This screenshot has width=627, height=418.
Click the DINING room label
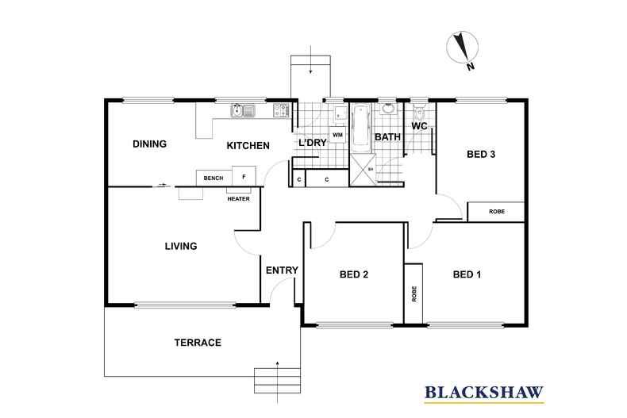(149, 144)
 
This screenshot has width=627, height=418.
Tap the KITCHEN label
(248, 146)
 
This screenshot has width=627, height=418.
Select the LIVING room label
(181, 246)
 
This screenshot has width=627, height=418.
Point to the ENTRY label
(282, 270)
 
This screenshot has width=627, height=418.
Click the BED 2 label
(354, 274)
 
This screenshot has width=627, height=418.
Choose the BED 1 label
(467, 274)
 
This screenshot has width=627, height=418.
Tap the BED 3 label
(481, 154)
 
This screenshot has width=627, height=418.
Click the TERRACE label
(198, 343)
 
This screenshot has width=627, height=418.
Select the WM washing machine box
(338, 135)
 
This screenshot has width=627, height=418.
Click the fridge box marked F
(244, 176)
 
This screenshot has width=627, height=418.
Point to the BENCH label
(213, 178)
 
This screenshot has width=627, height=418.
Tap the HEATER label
(238, 199)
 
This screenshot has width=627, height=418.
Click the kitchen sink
(242, 110)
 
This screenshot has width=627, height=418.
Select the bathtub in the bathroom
(361, 125)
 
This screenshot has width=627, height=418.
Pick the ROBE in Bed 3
(496, 212)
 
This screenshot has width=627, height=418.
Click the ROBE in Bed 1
(414, 293)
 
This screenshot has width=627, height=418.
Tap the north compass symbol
(463, 48)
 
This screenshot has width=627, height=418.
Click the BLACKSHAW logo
(484, 393)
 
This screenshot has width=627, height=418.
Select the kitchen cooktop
(281, 110)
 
